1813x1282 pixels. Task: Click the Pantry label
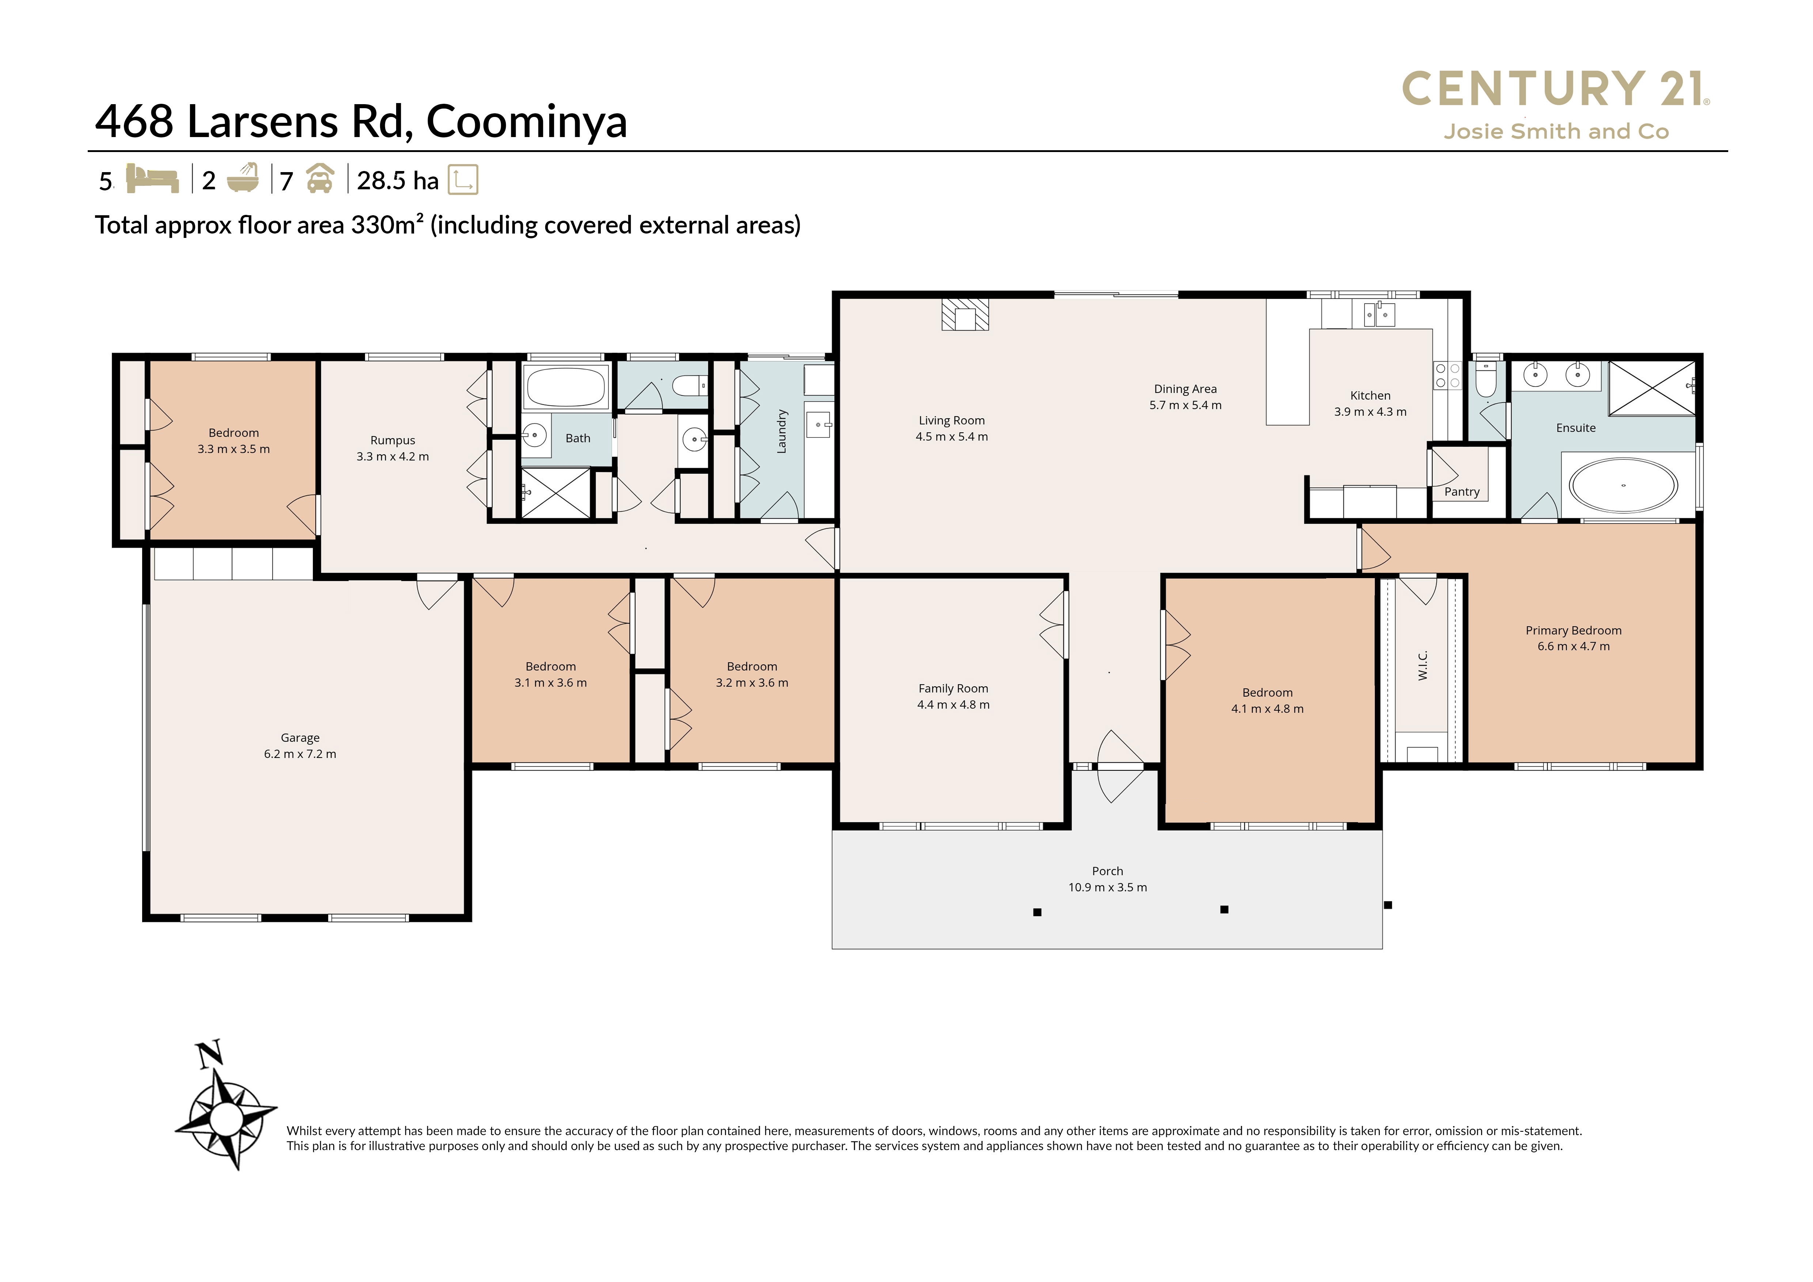pyautogui.click(x=1461, y=492)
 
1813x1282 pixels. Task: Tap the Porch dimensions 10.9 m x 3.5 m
pyautogui.click(x=1107, y=887)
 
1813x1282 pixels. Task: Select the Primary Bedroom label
pyautogui.click(x=1573, y=630)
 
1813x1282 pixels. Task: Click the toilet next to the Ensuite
pyautogui.click(x=1485, y=380)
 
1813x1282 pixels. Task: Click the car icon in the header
pyautogui.click(x=320, y=178)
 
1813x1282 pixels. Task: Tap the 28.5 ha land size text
pyautogui.click(x=397, y=181)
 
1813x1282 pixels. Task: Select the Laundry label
pyautogui.click(x=782, y=431)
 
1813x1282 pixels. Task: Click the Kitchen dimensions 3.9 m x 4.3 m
pyautogui.click(x=1370, y=411)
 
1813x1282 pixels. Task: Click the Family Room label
pyautogui.click(x=953, y=689)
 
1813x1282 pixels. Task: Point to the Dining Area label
pyautogui.click(x=1185, y=388)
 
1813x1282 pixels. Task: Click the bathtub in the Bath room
pyautogui.click(x=565, y=387)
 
